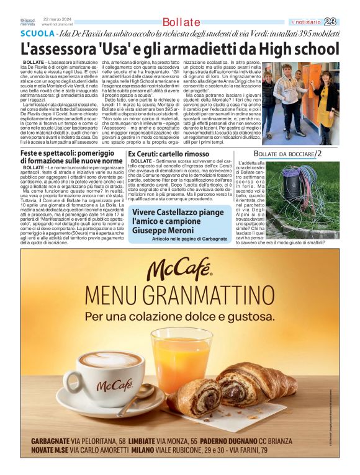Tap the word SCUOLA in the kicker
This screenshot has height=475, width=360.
tap(37, 33)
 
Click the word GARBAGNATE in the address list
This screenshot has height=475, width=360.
tap(55, 440)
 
